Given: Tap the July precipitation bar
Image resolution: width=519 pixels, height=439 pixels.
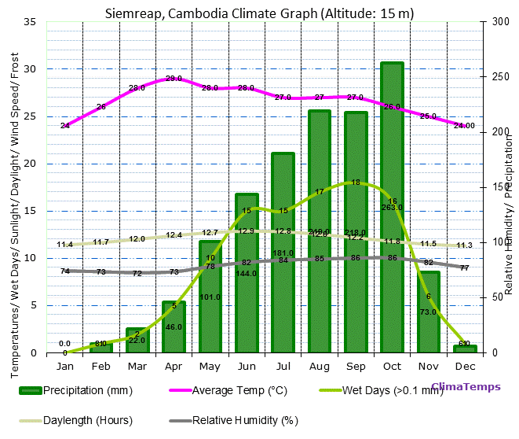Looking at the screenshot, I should click(283, 253).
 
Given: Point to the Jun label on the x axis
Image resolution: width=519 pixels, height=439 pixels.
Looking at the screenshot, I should click(247, 367).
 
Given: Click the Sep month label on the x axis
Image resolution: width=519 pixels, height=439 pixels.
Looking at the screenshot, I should click(356, 367).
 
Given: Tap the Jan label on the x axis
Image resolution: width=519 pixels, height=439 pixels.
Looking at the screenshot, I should click(65, 367).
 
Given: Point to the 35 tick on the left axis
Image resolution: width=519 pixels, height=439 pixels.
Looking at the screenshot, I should click(31, 22).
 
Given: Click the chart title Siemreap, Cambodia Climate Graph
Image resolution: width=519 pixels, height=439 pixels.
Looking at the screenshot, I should click(260, 13).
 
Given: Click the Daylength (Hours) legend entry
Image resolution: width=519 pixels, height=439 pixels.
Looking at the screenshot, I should click(87, 420).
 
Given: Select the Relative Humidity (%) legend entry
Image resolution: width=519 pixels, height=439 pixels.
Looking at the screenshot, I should click(244, 420).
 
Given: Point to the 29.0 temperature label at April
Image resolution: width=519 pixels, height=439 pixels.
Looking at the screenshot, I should click(174, 79).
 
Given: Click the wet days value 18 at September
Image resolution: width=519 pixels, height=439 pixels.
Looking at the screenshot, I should click(356, 183).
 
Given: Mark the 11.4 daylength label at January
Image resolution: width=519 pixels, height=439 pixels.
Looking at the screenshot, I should click(65, 245).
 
